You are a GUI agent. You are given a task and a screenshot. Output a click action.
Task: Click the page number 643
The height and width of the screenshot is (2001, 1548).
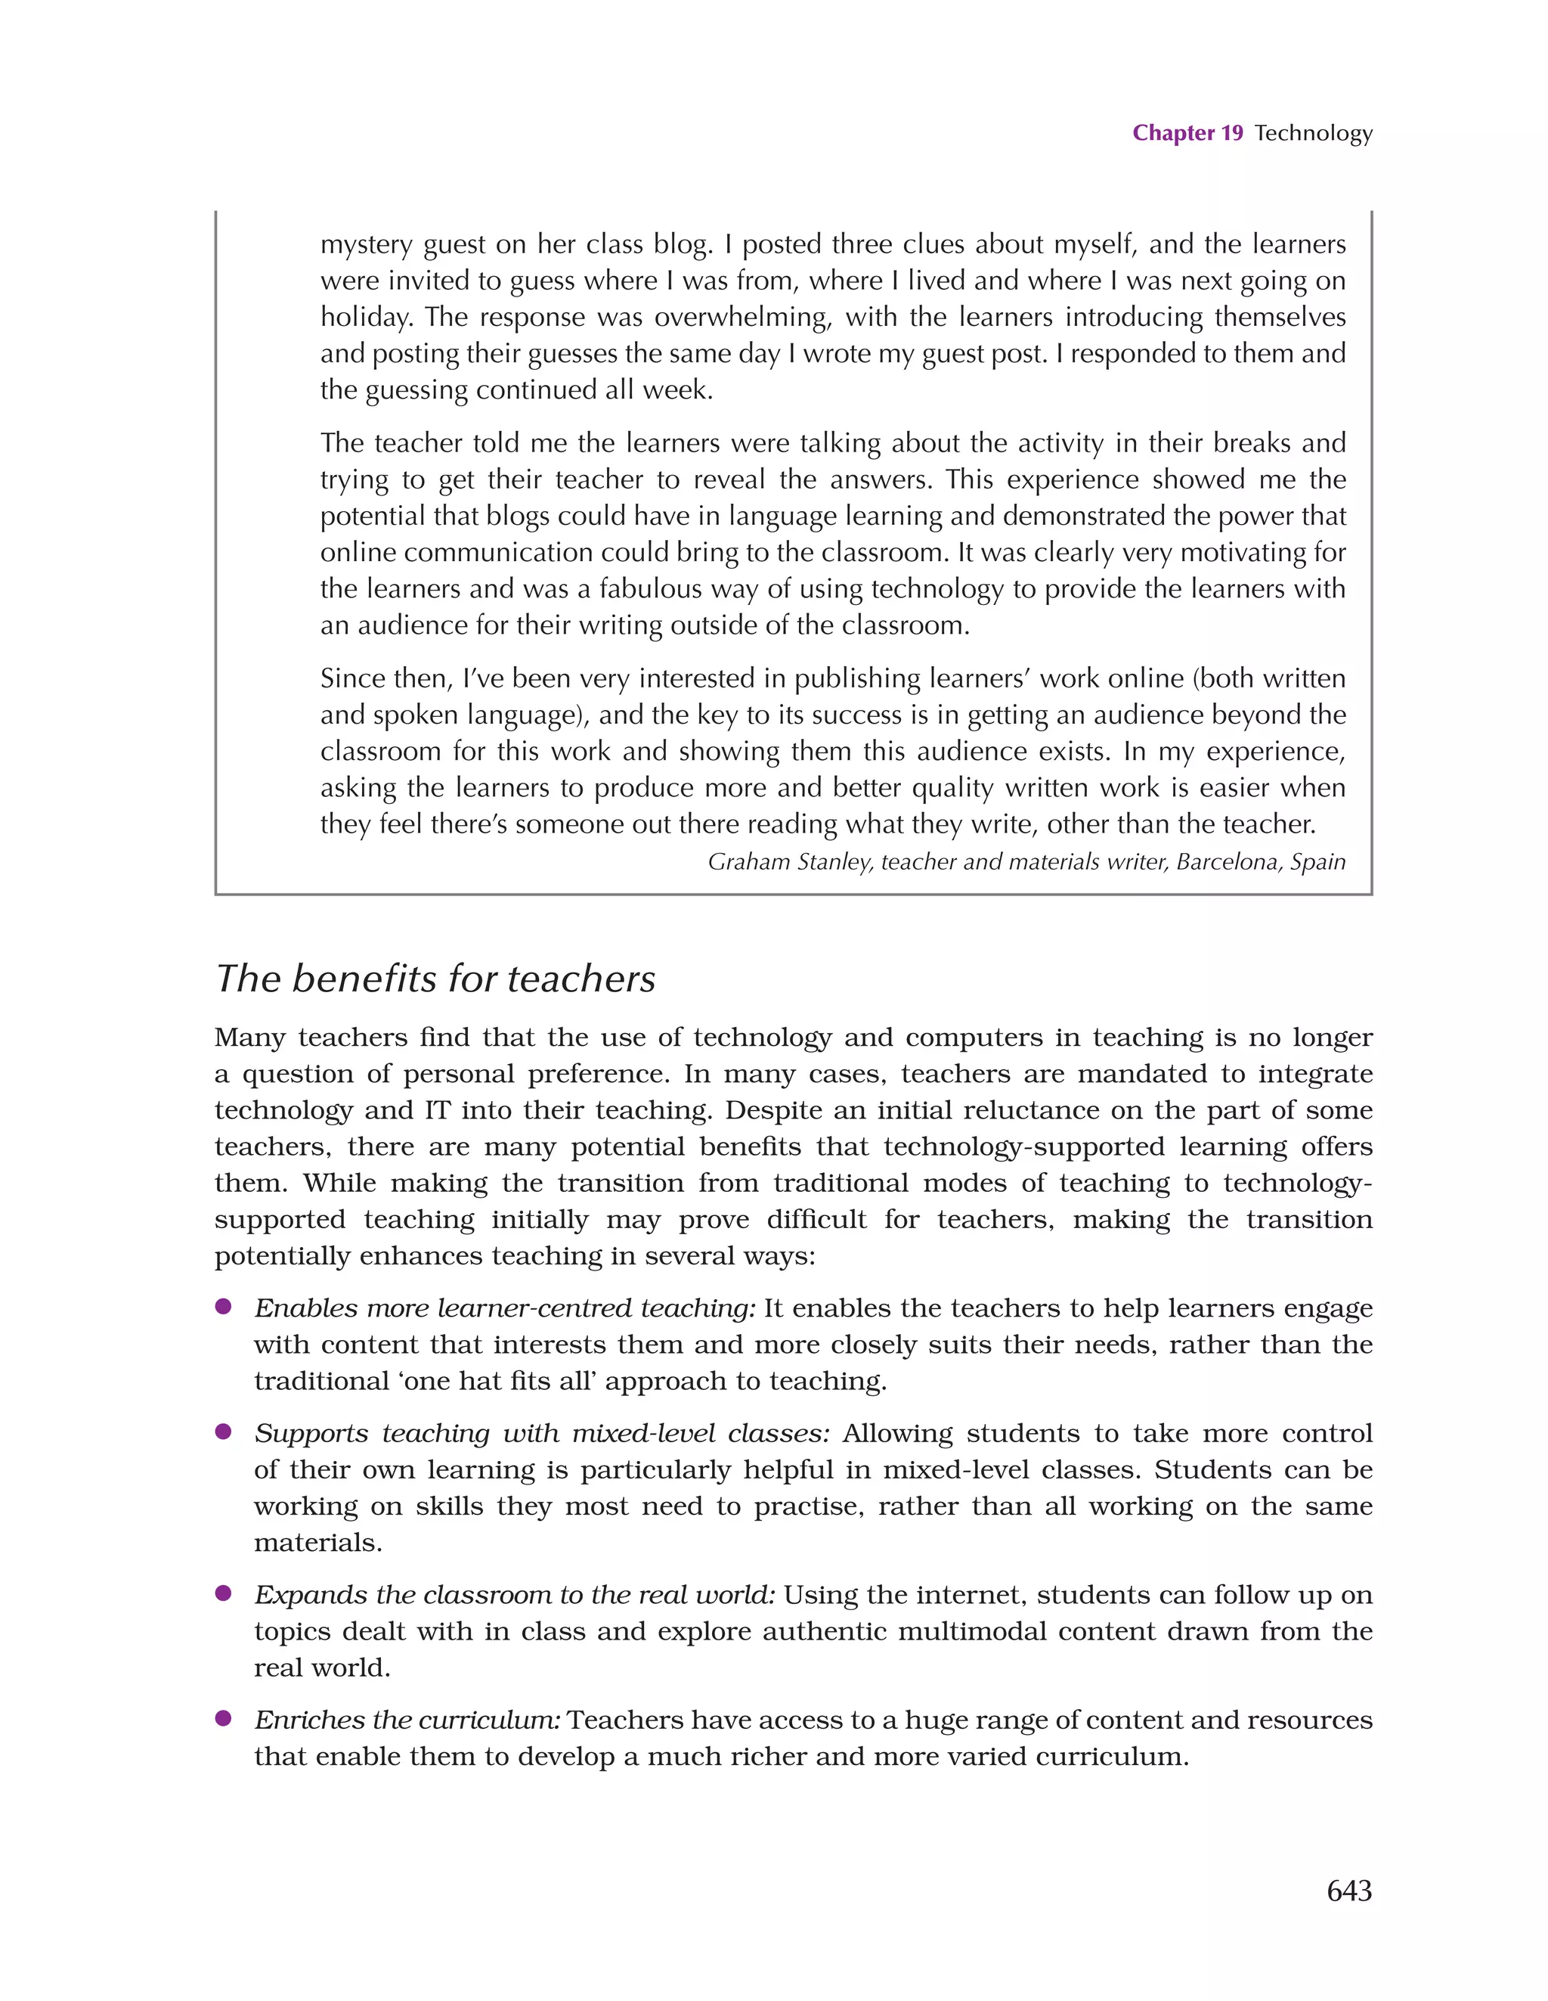[x=1348, y=1890]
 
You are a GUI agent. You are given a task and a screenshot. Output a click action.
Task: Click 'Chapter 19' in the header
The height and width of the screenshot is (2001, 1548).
[x=1187, y=133]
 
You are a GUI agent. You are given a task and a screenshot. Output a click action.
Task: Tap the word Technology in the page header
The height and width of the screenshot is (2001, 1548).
[x=1313, y=133]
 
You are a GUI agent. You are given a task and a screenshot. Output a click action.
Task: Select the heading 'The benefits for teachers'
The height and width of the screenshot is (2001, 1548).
[x=435, y=979]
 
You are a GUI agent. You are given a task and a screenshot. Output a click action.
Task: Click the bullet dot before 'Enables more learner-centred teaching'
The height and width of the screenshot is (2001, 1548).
[x=222, y=1307]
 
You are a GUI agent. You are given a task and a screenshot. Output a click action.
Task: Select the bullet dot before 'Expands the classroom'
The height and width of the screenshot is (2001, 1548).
[x=222, y=1593]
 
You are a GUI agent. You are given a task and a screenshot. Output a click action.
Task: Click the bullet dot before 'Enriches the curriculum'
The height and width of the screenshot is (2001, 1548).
[x=222, y=1719]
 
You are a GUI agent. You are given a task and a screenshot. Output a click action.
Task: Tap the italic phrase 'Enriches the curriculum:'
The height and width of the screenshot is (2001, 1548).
[x=407, y=1720]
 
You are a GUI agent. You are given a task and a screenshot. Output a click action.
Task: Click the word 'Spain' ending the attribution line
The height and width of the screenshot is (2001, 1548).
[x=1318, y=862]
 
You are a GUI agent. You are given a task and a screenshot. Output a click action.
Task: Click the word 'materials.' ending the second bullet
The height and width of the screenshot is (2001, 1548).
[x=318, y=1543]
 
